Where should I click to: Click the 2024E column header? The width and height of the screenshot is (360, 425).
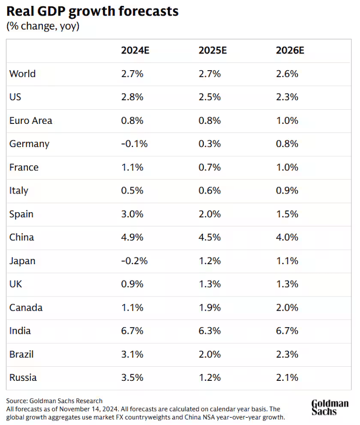[x=135, y=51]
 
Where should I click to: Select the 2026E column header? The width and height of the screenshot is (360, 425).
[x=290, y=51]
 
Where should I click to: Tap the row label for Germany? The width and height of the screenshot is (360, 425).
[x=29, y=144]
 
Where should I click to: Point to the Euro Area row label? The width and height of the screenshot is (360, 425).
[x=31, y=121]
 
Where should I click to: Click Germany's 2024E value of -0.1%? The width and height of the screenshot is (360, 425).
[x=134, y=144]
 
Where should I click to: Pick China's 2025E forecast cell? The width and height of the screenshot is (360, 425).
[x=210, y=237]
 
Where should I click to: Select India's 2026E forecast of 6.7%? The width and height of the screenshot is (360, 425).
[x=287, y=331]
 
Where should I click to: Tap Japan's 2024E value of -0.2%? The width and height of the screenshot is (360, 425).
[x=134, y=261]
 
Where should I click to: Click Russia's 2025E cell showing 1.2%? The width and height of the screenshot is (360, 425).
[x=210, y=378]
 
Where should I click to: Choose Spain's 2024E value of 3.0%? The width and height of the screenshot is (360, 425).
[x=132, y=214]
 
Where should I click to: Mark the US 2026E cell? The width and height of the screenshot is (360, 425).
[x=287, y=97]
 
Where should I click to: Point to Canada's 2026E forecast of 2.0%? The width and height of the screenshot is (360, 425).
[x=287, y=307]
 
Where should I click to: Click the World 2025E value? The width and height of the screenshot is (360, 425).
[x=210, y=74]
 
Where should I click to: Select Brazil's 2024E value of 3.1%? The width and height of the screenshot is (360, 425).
[x=132, y=354]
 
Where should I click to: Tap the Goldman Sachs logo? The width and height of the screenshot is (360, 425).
[x=330, y=408]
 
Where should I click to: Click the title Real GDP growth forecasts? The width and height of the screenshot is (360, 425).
[x=93, y=11]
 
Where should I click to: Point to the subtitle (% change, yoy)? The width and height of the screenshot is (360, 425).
[x=43, y=26]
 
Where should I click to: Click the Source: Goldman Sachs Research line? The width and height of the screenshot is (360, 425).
[x=54, y=401]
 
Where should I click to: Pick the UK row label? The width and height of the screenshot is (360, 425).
[x=15, y=284]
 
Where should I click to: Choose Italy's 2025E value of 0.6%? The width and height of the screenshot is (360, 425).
[x=210, y=191]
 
